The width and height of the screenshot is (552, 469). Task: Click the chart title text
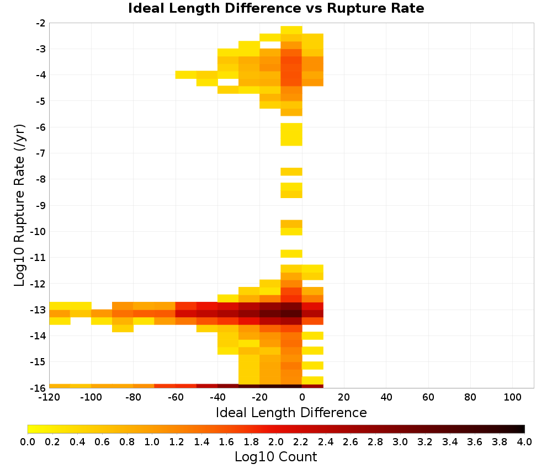[276, 8]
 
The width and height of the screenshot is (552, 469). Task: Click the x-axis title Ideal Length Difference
[291, 412]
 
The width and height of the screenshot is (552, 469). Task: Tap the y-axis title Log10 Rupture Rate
[20, 205]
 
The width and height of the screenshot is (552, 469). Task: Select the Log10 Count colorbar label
[275, 457]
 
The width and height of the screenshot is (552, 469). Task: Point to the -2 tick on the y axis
[40, 23]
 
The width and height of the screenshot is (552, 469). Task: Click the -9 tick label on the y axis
[40, 205]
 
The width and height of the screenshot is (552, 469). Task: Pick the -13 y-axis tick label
[38, 310]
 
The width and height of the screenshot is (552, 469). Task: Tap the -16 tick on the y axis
[38, 388]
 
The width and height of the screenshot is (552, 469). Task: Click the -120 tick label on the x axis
[49, 397]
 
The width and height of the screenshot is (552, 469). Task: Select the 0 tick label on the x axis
[302, 397]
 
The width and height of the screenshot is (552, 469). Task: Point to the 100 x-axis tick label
[513, 397]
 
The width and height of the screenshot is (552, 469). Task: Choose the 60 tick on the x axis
[428, 397]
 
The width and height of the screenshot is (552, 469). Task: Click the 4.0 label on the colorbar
[524, 442]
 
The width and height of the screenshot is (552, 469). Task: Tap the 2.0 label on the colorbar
[276, 442]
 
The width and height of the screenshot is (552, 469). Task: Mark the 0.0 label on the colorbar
[28, 442]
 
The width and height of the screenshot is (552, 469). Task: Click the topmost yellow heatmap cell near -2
[291, 30]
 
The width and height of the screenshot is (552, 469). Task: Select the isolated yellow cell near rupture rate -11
[291, 253]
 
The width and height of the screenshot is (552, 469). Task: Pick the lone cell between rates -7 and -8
[291, 172]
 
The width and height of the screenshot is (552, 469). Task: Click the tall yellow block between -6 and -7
[291, 134]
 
